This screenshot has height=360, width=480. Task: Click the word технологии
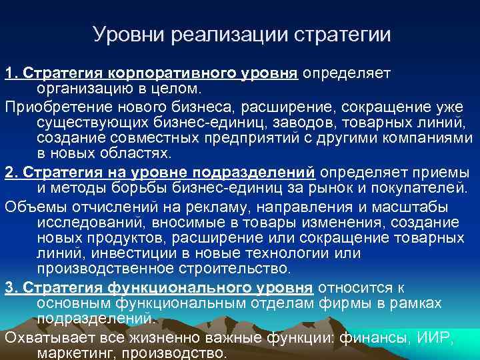coord(297,253)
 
